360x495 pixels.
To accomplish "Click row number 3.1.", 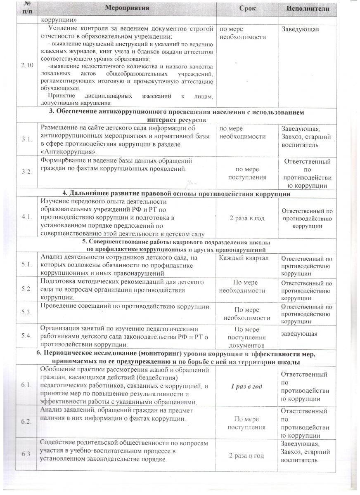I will tap(26, 140).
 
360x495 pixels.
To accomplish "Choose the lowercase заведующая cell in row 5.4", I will tap(299, 333).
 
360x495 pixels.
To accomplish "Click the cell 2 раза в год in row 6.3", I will tap(247, 455).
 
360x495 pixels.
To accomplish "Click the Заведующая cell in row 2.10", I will tap(300, 29).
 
